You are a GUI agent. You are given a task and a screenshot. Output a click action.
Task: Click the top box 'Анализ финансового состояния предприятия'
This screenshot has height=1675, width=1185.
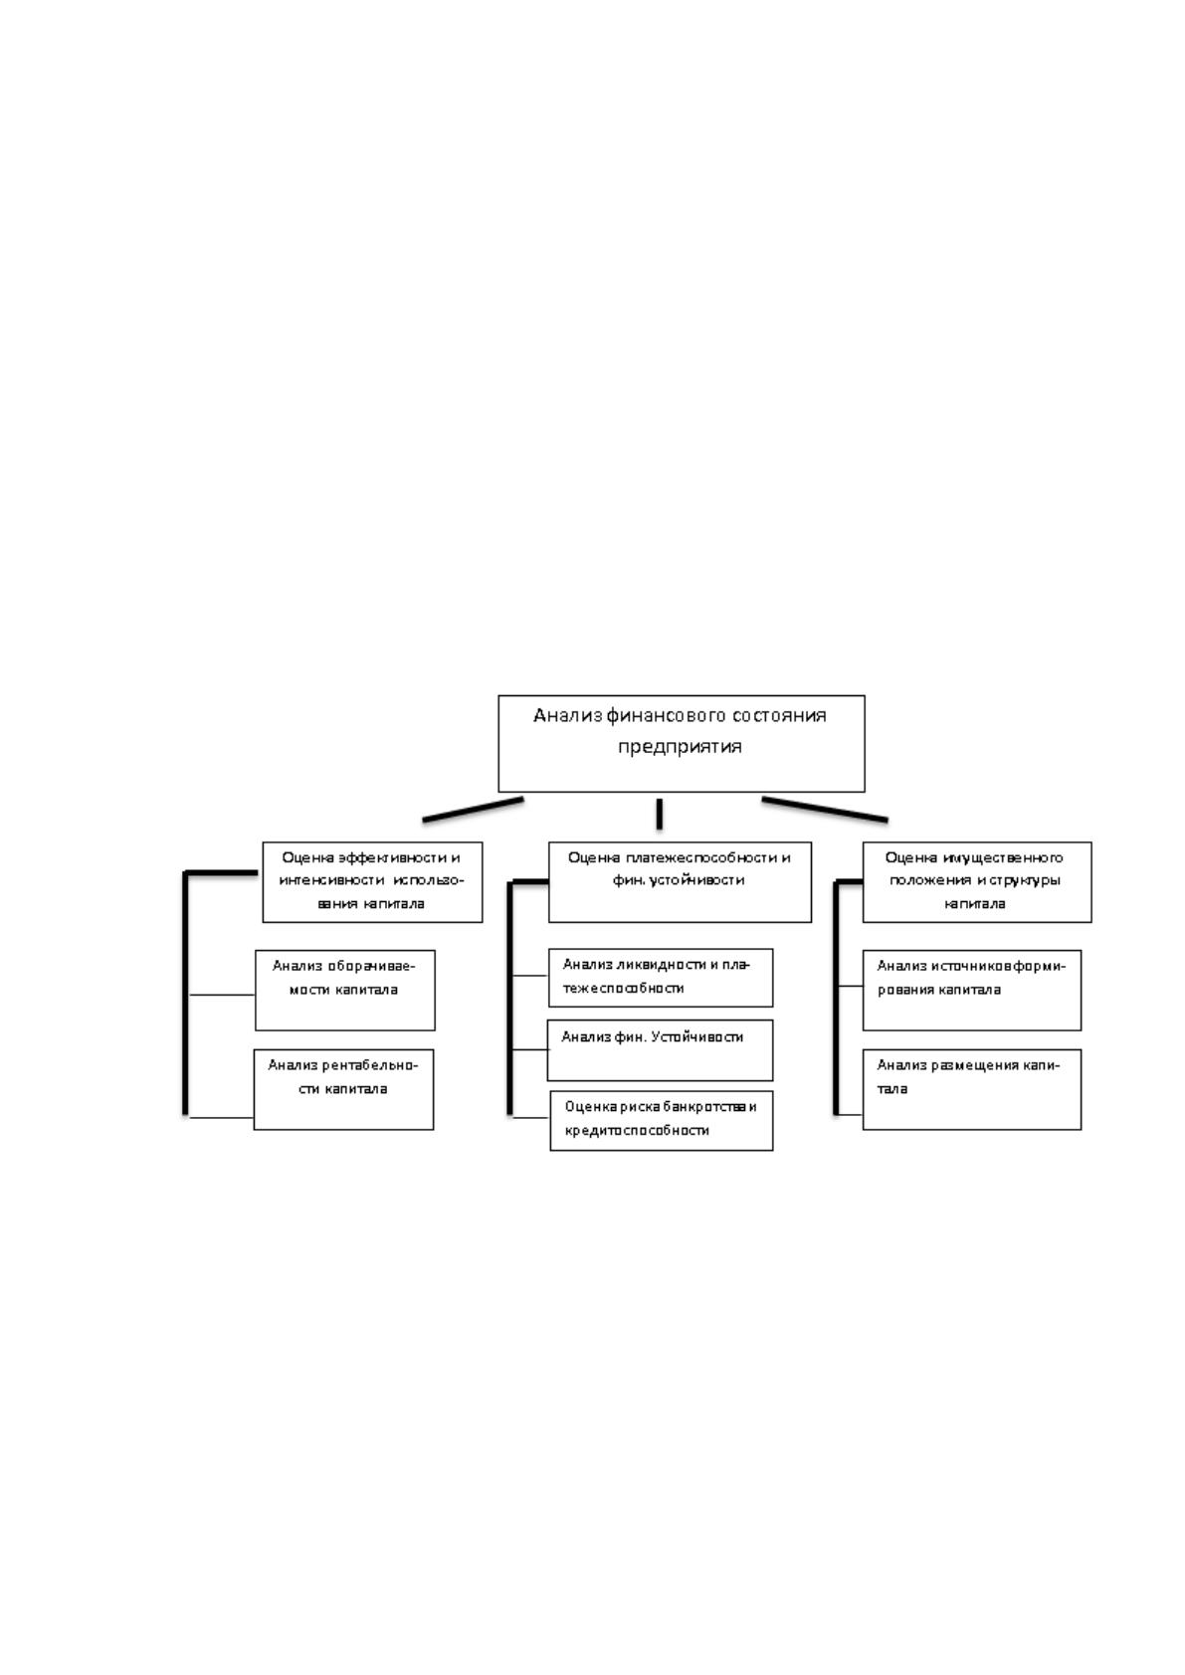(681, 743)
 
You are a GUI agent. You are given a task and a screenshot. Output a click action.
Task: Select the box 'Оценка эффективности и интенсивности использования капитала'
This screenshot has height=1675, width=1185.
(372, 881)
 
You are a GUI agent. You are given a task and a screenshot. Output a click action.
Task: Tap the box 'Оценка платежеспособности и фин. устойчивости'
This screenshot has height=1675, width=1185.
(680, 881)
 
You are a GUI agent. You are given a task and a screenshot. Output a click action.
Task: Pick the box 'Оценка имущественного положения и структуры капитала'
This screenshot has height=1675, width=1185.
(976, 881)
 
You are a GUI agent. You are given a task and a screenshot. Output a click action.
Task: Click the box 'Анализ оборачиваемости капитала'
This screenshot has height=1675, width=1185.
(345, 990)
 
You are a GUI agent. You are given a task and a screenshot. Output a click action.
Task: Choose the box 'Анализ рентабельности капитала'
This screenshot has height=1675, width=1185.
(343, 1089)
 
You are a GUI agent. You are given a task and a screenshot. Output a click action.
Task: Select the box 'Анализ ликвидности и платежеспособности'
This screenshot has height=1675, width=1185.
(661, 978)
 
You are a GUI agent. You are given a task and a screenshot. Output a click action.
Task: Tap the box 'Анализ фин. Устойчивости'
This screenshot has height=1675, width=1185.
(660, 1050)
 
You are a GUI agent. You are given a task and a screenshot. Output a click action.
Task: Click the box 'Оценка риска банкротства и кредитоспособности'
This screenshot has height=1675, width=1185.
(662, 1121)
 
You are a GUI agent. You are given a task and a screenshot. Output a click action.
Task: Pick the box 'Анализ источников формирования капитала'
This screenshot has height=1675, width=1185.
(972, 990)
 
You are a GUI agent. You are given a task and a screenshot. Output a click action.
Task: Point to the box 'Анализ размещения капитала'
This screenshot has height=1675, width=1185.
(972, 1089)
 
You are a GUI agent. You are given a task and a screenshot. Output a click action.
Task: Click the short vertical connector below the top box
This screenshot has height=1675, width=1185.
(659, 814)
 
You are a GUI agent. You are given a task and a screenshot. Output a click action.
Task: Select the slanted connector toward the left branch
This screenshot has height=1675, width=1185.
(473, 810)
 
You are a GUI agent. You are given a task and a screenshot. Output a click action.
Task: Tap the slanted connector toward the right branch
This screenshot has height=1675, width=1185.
(825, 810)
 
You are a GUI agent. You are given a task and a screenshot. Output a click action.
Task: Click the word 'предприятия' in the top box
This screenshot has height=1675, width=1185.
(680, 747)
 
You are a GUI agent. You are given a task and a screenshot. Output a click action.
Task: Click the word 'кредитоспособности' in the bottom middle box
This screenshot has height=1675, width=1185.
(637, 1131)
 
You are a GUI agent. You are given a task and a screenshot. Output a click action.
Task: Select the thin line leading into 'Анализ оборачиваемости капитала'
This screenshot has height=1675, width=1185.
(222, 996)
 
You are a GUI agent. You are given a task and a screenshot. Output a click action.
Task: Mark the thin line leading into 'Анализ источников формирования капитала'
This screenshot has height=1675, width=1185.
(851, 987)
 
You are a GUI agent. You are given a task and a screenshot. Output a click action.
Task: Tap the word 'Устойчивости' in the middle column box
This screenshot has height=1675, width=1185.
(697, 1037)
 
